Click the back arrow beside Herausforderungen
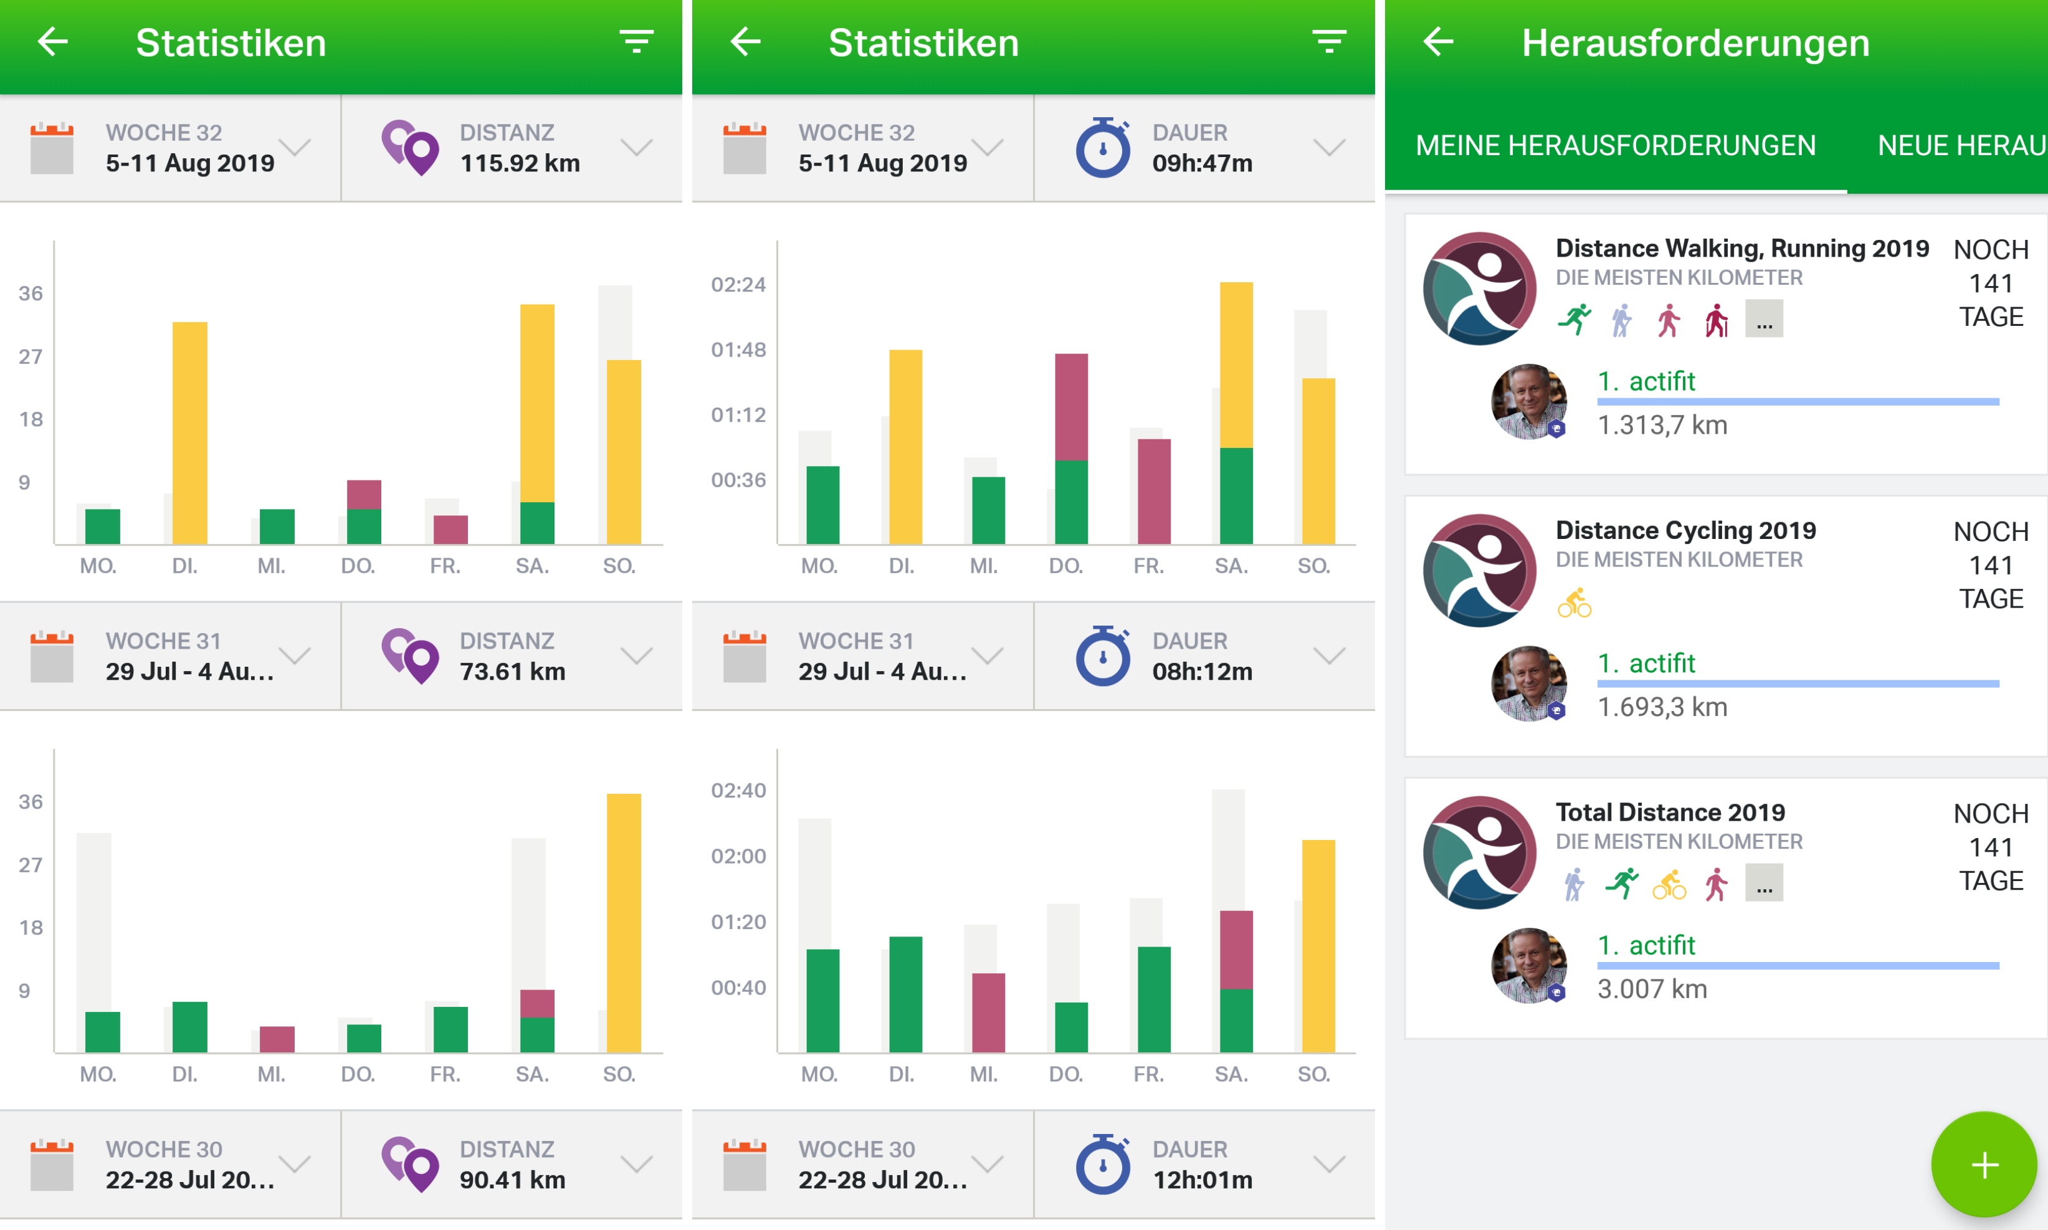pos(1438,42)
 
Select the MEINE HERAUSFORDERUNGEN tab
pos(1616,145)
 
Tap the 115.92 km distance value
pos(520,163)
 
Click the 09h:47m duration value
pos(1202,163)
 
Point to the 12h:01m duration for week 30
pos(1202,1180)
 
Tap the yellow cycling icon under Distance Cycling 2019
pos(1574,603)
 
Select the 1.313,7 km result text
pos(1662,425)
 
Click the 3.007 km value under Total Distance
pos(1652,989)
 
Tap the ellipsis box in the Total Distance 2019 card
pos(1764,883)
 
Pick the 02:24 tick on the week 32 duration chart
pos(738,285)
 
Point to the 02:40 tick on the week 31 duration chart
pos(738,791)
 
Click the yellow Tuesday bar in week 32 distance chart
pos(190,432)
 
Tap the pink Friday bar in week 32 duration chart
pos(1154,492)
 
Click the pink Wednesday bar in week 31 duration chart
pos(988,1013)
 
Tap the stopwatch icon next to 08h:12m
pos(1102,656)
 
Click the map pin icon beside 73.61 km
pos(409,656)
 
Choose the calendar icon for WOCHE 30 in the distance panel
pos(51,1165)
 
